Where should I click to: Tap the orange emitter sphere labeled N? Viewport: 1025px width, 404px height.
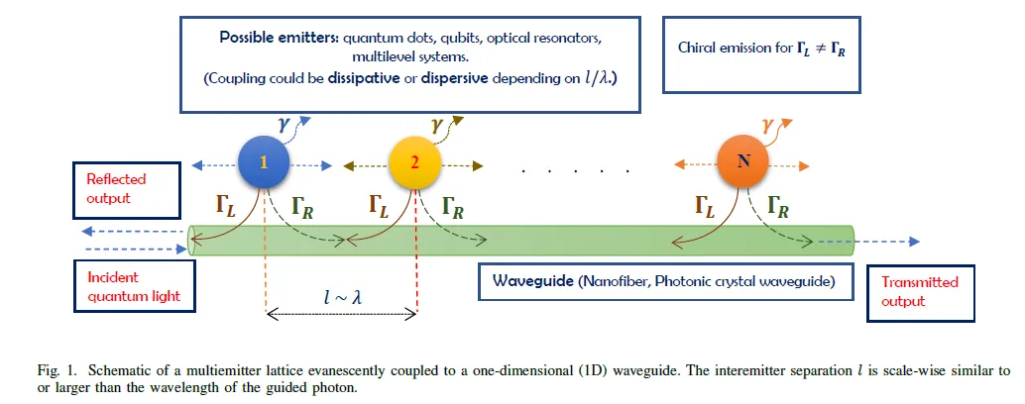746,161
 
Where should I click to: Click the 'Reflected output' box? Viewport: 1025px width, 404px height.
117,188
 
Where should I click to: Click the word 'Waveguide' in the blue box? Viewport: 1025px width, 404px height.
530,282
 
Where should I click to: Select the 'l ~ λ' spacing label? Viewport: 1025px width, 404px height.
338,296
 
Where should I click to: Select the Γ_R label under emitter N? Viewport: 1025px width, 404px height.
780,206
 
